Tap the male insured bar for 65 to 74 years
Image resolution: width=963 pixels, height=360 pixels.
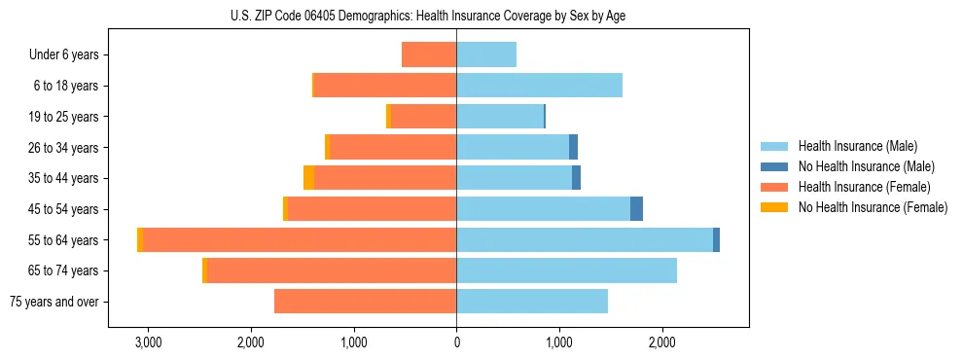566,270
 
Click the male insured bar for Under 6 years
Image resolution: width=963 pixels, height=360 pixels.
486,55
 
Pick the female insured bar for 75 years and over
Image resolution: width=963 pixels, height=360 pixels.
365,302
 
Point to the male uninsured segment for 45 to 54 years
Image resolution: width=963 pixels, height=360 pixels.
636,209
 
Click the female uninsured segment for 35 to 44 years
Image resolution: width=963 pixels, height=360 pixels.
308,178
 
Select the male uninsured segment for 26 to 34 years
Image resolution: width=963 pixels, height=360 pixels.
574,148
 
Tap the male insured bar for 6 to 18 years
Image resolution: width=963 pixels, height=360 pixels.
539,86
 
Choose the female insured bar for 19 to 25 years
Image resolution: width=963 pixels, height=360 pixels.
423,117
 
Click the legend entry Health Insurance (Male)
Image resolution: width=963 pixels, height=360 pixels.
857,147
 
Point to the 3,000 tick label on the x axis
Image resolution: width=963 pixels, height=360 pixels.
148,342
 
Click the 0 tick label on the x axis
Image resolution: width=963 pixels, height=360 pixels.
456,342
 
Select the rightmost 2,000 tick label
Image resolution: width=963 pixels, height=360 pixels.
661,342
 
